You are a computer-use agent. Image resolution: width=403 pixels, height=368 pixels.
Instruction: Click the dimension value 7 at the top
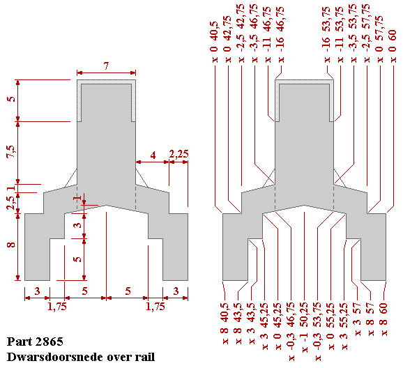click(106, 66)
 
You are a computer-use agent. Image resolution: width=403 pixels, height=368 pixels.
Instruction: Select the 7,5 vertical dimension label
click(10, 153)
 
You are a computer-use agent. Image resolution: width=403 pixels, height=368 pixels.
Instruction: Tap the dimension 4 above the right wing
click(153, 155)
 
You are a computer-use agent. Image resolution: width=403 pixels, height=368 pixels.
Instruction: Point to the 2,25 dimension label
click(179, 155)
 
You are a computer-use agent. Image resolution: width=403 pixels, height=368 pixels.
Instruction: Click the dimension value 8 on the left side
click(10, 245)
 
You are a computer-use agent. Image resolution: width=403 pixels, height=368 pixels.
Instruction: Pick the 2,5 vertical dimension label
click(10, 203)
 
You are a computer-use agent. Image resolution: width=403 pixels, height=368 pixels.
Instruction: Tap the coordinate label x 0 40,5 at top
click(213, 44)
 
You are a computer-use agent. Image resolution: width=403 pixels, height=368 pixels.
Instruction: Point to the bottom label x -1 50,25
click(305, 333)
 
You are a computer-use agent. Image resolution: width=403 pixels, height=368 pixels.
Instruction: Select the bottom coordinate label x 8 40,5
click(225, 317)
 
